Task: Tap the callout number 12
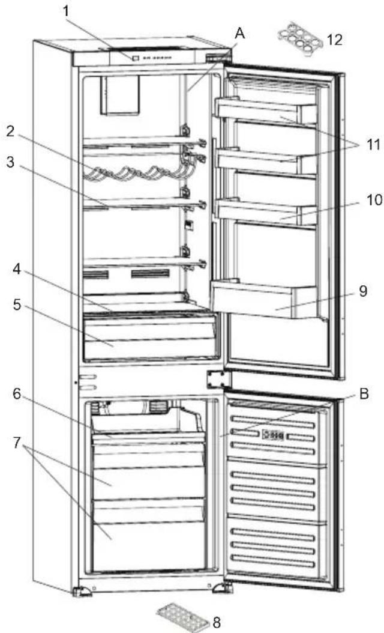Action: point(334,40)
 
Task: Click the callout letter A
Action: point(239,34)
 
